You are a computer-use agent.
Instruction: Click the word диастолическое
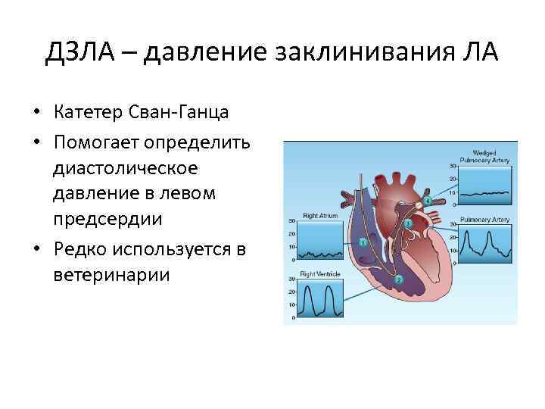[x=126, y=167]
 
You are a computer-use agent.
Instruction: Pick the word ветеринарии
[x=112, y=274]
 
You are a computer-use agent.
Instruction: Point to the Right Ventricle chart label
[x=319, y=272]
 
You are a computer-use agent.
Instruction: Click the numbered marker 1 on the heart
[x=363, y=242]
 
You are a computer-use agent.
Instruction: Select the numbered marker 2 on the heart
[x=399, y=279]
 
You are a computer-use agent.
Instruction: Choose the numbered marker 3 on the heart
[x=408, y=224]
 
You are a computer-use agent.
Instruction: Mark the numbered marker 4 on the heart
[x=428, y=201]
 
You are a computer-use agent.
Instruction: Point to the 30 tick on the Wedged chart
[x=453, y=165]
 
